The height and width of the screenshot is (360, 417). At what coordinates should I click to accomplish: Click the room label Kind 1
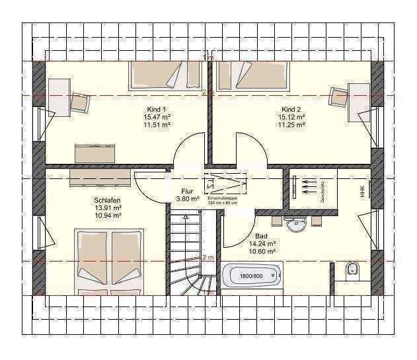[157, 109]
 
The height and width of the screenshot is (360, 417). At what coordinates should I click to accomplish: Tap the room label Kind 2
[291, 109]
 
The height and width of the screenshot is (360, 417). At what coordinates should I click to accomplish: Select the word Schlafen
[107, 199]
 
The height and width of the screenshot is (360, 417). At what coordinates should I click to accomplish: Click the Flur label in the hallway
[188, 191]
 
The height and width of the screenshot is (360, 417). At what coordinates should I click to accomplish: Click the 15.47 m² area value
[157, 117]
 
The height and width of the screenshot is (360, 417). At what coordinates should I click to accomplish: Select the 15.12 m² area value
[291, 117]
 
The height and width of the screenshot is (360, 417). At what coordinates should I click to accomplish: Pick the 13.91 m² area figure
[107, 207]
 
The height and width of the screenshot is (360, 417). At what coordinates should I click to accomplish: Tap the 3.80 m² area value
[188, 199]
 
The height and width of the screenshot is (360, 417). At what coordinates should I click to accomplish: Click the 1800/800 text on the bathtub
[252, 275]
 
